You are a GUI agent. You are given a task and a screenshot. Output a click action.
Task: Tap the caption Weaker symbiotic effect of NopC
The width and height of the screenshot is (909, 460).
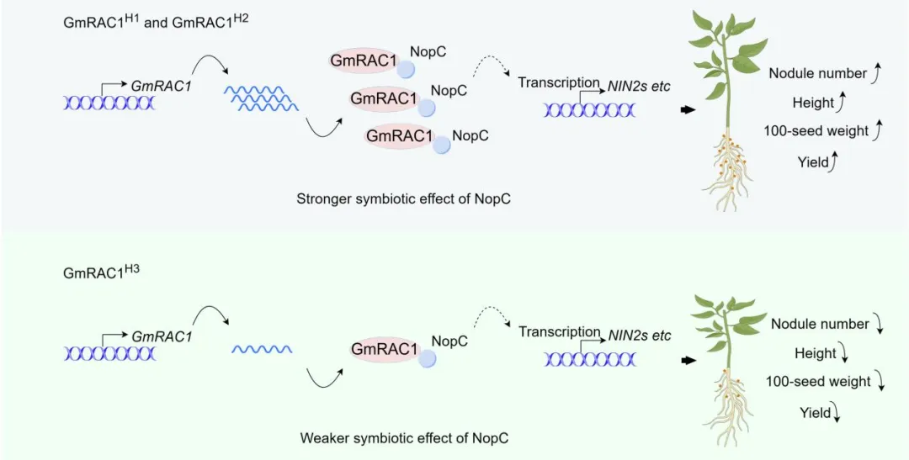pos(404,438)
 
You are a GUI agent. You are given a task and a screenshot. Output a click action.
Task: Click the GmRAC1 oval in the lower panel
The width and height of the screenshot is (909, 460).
pos(385,349)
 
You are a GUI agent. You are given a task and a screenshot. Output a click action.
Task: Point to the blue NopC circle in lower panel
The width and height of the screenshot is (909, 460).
pos(428,359)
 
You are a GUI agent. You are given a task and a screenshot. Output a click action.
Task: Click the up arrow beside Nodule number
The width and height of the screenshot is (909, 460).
pos(875,75)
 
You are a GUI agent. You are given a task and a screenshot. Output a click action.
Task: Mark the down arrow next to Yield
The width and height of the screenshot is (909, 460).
pos(837,413)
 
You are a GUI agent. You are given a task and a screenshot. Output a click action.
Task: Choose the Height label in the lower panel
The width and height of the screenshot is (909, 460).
pos(815,353)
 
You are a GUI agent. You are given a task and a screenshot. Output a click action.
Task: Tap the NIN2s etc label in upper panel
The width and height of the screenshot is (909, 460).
pos(639,86)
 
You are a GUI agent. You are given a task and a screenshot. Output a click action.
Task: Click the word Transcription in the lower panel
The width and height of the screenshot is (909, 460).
pos(559,332)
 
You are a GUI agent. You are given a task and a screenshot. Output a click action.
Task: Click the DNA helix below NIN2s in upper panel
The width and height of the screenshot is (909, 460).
pos(590,109)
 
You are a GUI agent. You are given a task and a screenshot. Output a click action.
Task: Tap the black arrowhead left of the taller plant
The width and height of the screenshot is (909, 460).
pos(688,110)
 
